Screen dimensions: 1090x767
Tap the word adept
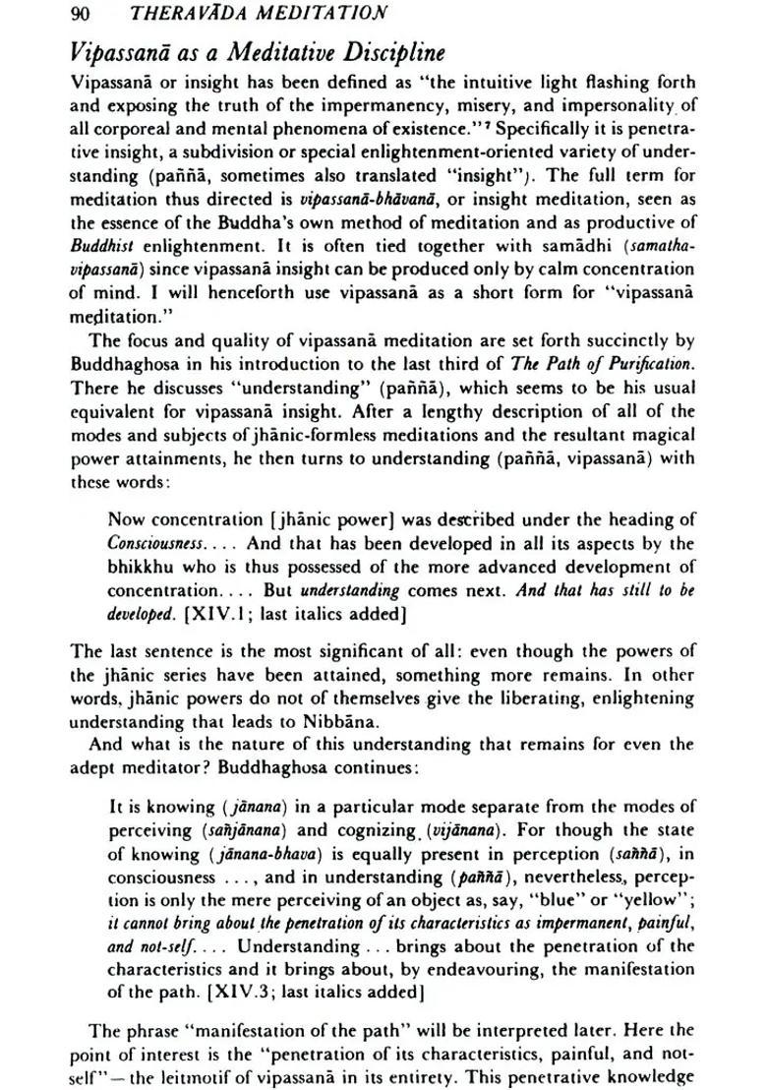(95, 770)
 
